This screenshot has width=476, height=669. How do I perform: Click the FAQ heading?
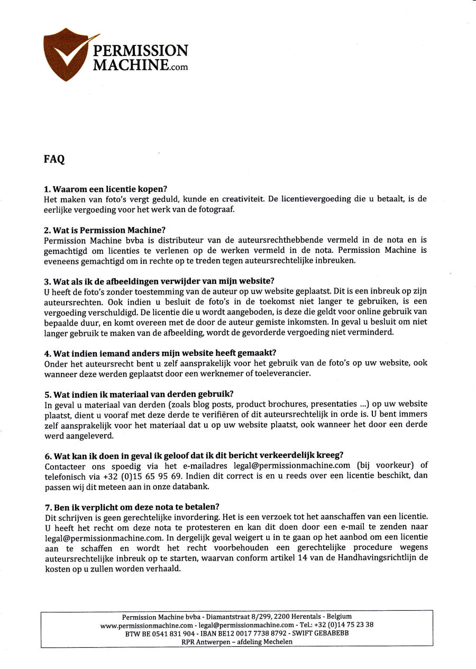[x=54, y=159]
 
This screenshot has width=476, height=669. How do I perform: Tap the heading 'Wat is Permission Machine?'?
[x=105, y=230]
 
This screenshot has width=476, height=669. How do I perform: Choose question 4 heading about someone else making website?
[x=160, y=353]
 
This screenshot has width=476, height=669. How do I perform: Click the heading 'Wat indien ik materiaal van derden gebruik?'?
[x=139, y=393]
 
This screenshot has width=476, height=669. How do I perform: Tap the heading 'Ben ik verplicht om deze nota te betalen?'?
[x=132, y=506]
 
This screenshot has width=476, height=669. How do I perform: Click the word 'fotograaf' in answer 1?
[x=204, y=209]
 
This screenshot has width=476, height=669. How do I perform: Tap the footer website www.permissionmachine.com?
[x=146, y=625]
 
